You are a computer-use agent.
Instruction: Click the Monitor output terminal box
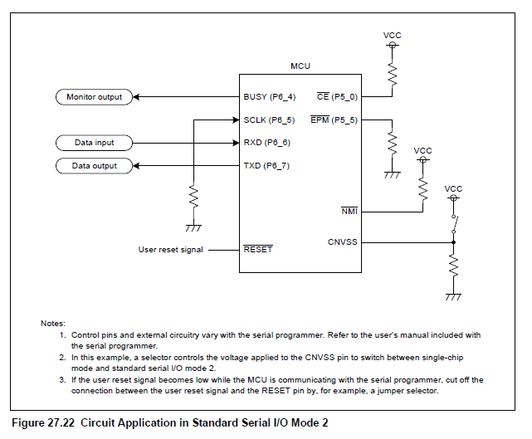(94, 97)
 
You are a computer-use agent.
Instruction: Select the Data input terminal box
(94, 143)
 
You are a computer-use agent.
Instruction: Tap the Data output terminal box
(94, 166)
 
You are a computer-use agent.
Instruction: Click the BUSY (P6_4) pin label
(269, 97)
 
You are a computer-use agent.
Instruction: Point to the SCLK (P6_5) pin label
(269, 120)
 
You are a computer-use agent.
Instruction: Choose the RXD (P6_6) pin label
(267, 143)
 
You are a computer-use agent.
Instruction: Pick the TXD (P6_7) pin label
(267, 166)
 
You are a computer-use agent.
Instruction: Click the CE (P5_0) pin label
(337, 97)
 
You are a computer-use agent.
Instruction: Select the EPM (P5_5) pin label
(334, 120)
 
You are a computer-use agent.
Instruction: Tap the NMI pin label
(349, 212)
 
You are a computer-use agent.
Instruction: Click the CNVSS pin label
(343, 243)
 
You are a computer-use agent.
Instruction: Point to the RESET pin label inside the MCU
(257, 249)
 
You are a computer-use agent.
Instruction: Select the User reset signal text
(170, 249)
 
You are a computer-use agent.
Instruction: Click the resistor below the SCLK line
(193, 197)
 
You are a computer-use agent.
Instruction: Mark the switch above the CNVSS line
(454, 223)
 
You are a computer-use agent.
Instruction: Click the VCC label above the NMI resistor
(422, 151)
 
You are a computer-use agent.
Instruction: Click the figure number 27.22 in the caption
(61, 422)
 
